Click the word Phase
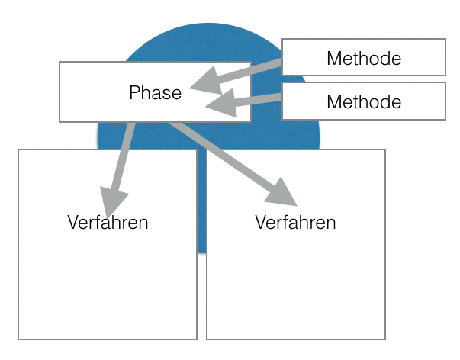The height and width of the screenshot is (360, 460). coord(156,93)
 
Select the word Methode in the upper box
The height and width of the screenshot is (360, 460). coord(364,58)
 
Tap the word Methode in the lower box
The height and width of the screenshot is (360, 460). coord(364,101)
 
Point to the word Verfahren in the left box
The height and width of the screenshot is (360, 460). coord(108,223)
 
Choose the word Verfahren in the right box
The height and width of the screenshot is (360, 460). coord(295,223)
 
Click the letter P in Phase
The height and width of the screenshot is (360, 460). coord(133,93)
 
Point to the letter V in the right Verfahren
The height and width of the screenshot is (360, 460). coord(259,223)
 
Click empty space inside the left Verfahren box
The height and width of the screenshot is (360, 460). coord(107,297)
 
